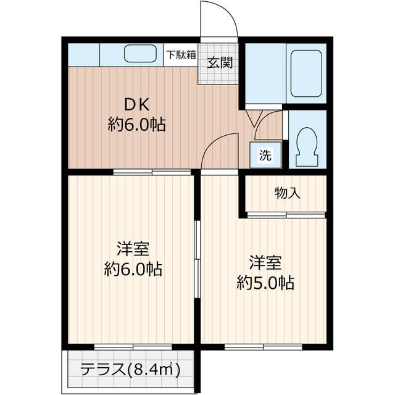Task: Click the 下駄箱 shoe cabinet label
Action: point(180,54)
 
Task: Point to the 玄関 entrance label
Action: point(219,63)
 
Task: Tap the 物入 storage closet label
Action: point(288,193)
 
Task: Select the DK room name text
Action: point(136,103)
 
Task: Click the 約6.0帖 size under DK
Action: point(136,125)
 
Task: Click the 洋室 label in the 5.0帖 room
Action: point(266,262)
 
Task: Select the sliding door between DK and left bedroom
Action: point(151,172)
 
